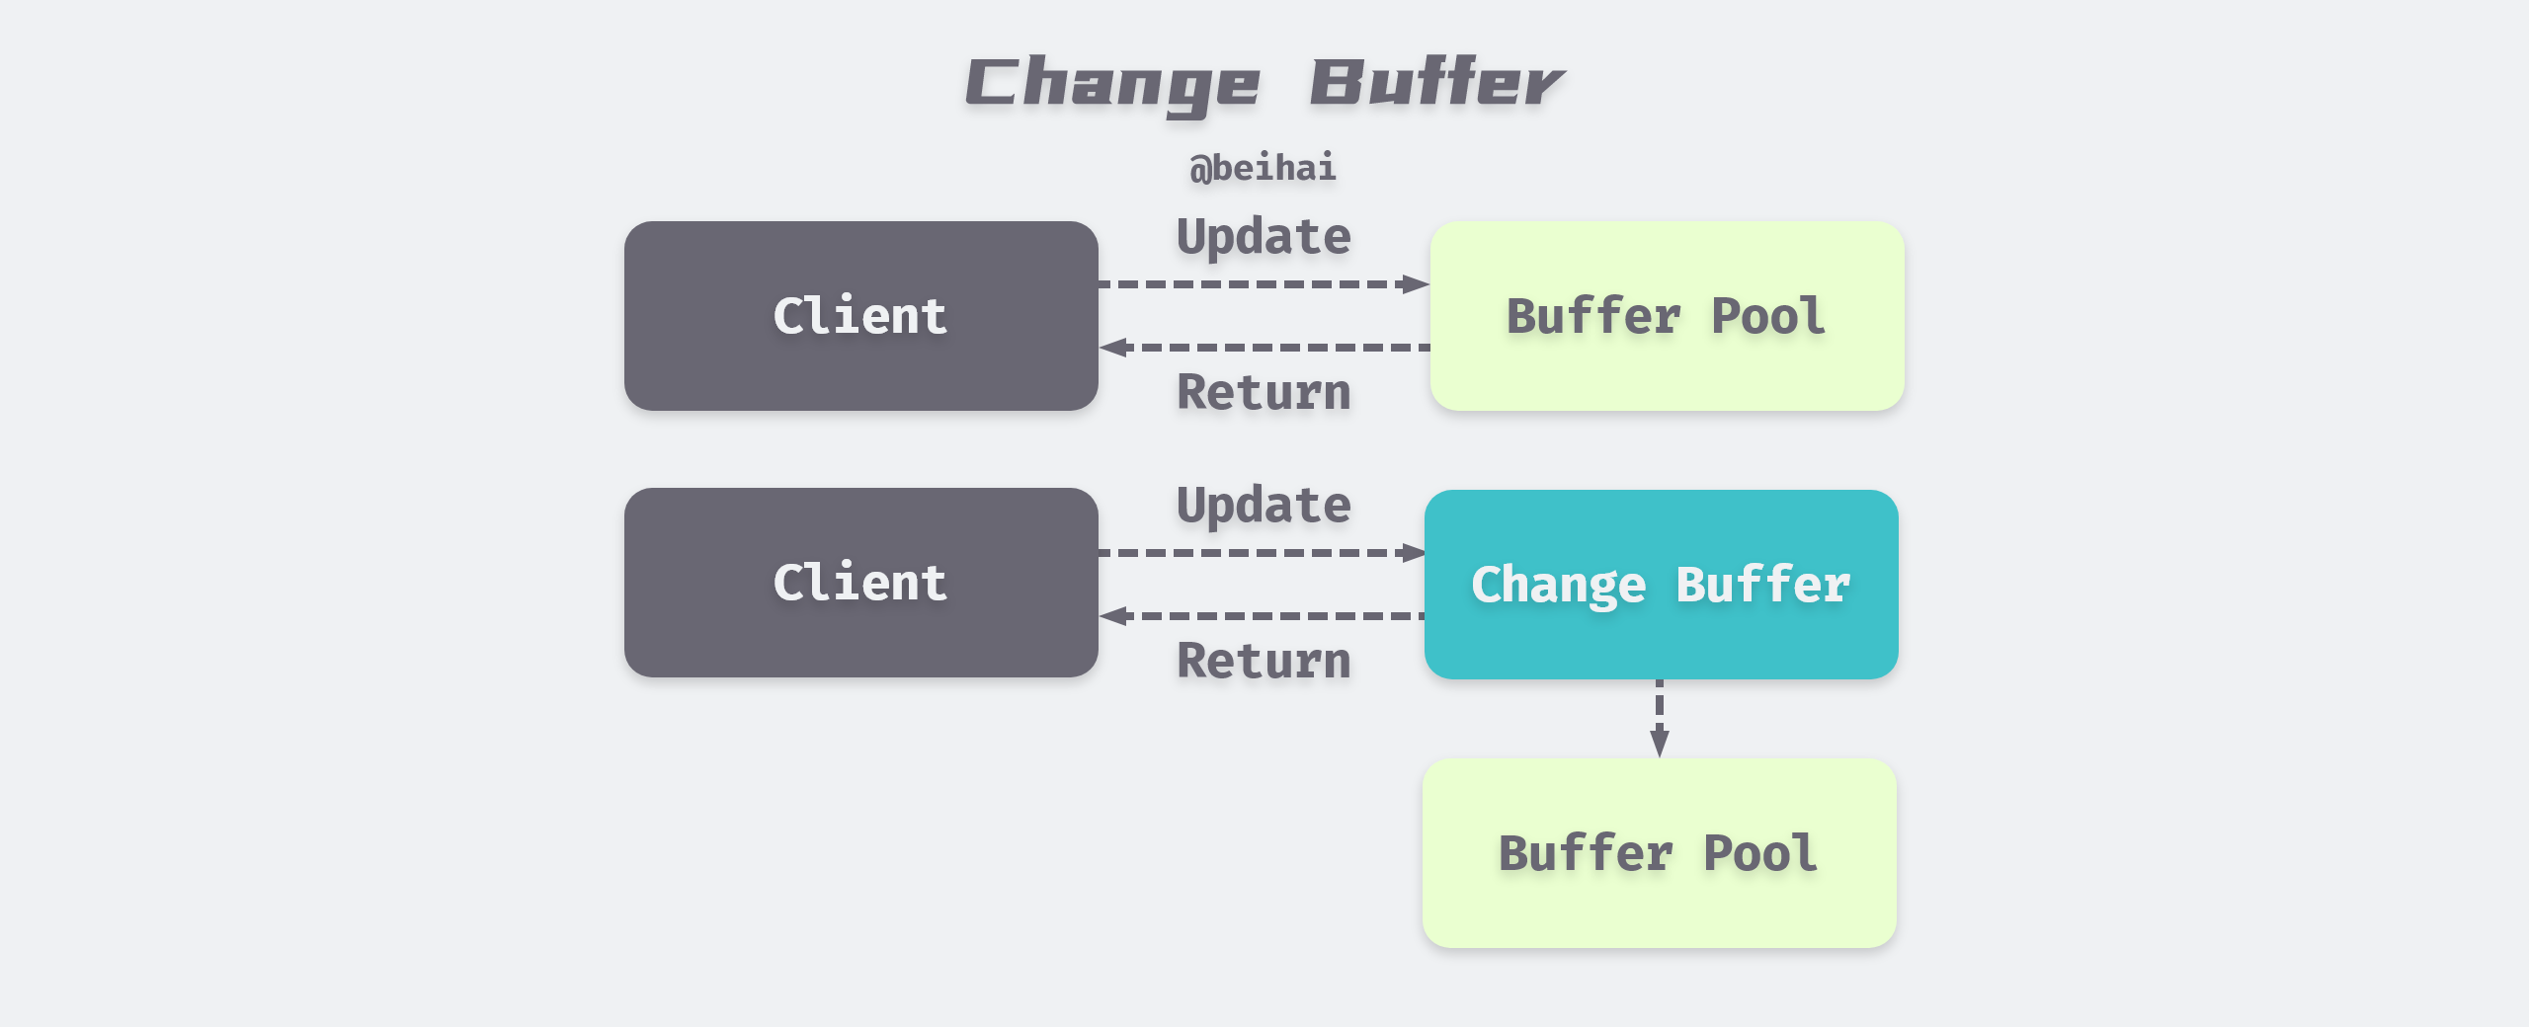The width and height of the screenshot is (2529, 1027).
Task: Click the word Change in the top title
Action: click(x=1112, y=85)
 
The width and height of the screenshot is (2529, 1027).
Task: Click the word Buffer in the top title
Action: click(x=1437, y=83)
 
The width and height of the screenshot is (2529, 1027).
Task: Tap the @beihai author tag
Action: click(x=1263, y=168)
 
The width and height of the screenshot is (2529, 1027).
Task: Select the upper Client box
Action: click(x=860, y=316)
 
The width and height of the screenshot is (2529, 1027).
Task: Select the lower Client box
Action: click(x=860, y=583)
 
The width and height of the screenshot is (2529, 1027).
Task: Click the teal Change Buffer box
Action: click(x=1661, y=585)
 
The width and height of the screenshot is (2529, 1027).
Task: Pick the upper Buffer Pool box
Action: click(x=1667, y=316)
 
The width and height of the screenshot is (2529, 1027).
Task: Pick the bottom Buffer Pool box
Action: click(x=1659, y=853)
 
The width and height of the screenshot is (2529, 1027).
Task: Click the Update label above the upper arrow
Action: click(x=1264, y=238)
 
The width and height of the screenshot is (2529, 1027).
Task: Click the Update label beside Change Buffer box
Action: click(x=1264, y=507)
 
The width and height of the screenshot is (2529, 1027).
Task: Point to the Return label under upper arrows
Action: click(x=1264, y=392)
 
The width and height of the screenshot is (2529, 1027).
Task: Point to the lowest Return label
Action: click(x=1264, y=661)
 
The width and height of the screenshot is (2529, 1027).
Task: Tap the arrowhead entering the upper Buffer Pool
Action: click(x=1417, y=284)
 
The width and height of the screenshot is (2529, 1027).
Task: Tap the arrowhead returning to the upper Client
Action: click(x=1113, y=348)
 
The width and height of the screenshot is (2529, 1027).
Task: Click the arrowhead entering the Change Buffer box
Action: click(x=1413, y=553)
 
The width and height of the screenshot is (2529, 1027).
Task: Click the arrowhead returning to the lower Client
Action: click(x=1113, y=616)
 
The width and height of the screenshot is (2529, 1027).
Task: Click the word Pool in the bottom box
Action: click(x=1760, y=853)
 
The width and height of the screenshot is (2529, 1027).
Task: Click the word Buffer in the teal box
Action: click(x=1763, y=585)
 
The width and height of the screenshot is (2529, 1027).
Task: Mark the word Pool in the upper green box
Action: click(x=1768, y=316)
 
